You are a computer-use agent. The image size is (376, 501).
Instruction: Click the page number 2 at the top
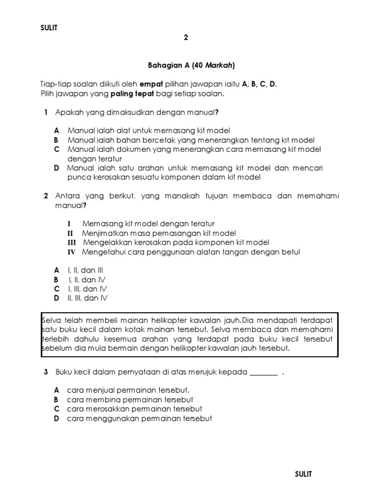[186, 37]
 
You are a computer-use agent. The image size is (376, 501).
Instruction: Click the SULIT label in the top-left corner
[48, 28]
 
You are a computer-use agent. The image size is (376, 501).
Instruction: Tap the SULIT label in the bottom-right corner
[304, 474]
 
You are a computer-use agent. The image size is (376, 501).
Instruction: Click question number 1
[46, 113]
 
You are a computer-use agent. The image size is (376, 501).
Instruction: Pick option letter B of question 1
[56, 140]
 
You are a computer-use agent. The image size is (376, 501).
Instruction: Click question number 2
[46, 196]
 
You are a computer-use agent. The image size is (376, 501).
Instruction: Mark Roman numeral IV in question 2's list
[72, 252]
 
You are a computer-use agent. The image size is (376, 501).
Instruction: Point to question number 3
[46, 372]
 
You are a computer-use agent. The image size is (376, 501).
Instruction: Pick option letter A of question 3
[57, 390]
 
